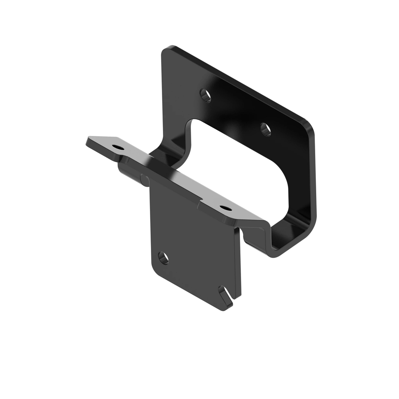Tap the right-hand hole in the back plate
265,128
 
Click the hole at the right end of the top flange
226,208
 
